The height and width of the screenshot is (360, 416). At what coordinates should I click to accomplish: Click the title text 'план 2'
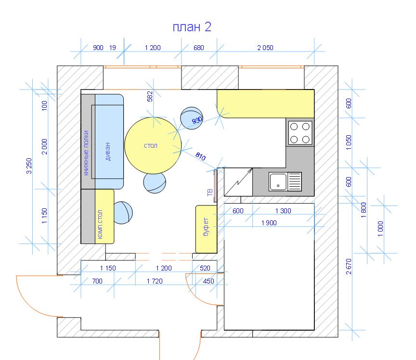coord(192,27)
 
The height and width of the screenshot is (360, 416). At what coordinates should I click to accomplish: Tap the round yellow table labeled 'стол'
coord(153,145)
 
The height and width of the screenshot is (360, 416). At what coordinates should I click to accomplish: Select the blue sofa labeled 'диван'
coord(109,141)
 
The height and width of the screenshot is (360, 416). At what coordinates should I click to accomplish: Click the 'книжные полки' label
coord(86,153)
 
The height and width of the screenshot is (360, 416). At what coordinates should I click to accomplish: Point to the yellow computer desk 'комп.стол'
coord(104,216)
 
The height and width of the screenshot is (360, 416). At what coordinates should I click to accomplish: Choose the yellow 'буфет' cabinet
coord(206,229)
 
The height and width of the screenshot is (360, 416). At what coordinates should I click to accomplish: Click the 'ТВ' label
coord(209,193)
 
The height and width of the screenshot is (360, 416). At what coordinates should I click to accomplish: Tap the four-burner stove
coord(300,133)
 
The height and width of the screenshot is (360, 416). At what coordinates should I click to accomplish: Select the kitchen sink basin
coord(278,182)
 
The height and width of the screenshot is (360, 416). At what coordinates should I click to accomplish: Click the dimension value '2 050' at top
coord(265,48)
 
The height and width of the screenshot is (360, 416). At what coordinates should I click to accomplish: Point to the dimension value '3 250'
coord(29,166)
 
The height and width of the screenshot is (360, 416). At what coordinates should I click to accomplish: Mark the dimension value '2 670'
coord(349,266)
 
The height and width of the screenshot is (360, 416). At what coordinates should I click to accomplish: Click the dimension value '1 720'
coord(155,281)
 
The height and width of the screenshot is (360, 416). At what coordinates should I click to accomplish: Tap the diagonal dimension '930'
coord(197,120)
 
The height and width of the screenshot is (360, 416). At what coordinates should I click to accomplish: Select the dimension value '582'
coord(150,96)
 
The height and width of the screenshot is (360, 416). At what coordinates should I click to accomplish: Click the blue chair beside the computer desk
coord(123,213)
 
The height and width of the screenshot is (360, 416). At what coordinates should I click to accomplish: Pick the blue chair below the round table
coord(155,183)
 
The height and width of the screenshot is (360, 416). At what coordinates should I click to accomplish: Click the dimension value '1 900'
coord(269,223)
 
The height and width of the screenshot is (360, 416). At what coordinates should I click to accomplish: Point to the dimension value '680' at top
coord(199,48)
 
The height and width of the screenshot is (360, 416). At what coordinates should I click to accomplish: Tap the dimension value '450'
coord(208,281)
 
